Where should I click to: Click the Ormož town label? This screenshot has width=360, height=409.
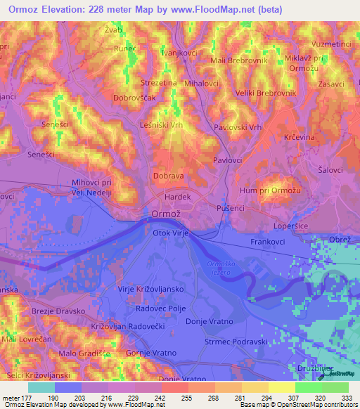point(167,214)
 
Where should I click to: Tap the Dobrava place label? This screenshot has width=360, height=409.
point(168,177)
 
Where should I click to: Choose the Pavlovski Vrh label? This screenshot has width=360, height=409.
point(238,127)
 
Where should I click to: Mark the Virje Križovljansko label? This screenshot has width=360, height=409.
point(150,289)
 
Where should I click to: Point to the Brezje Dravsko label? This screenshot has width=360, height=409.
point(58,311)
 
